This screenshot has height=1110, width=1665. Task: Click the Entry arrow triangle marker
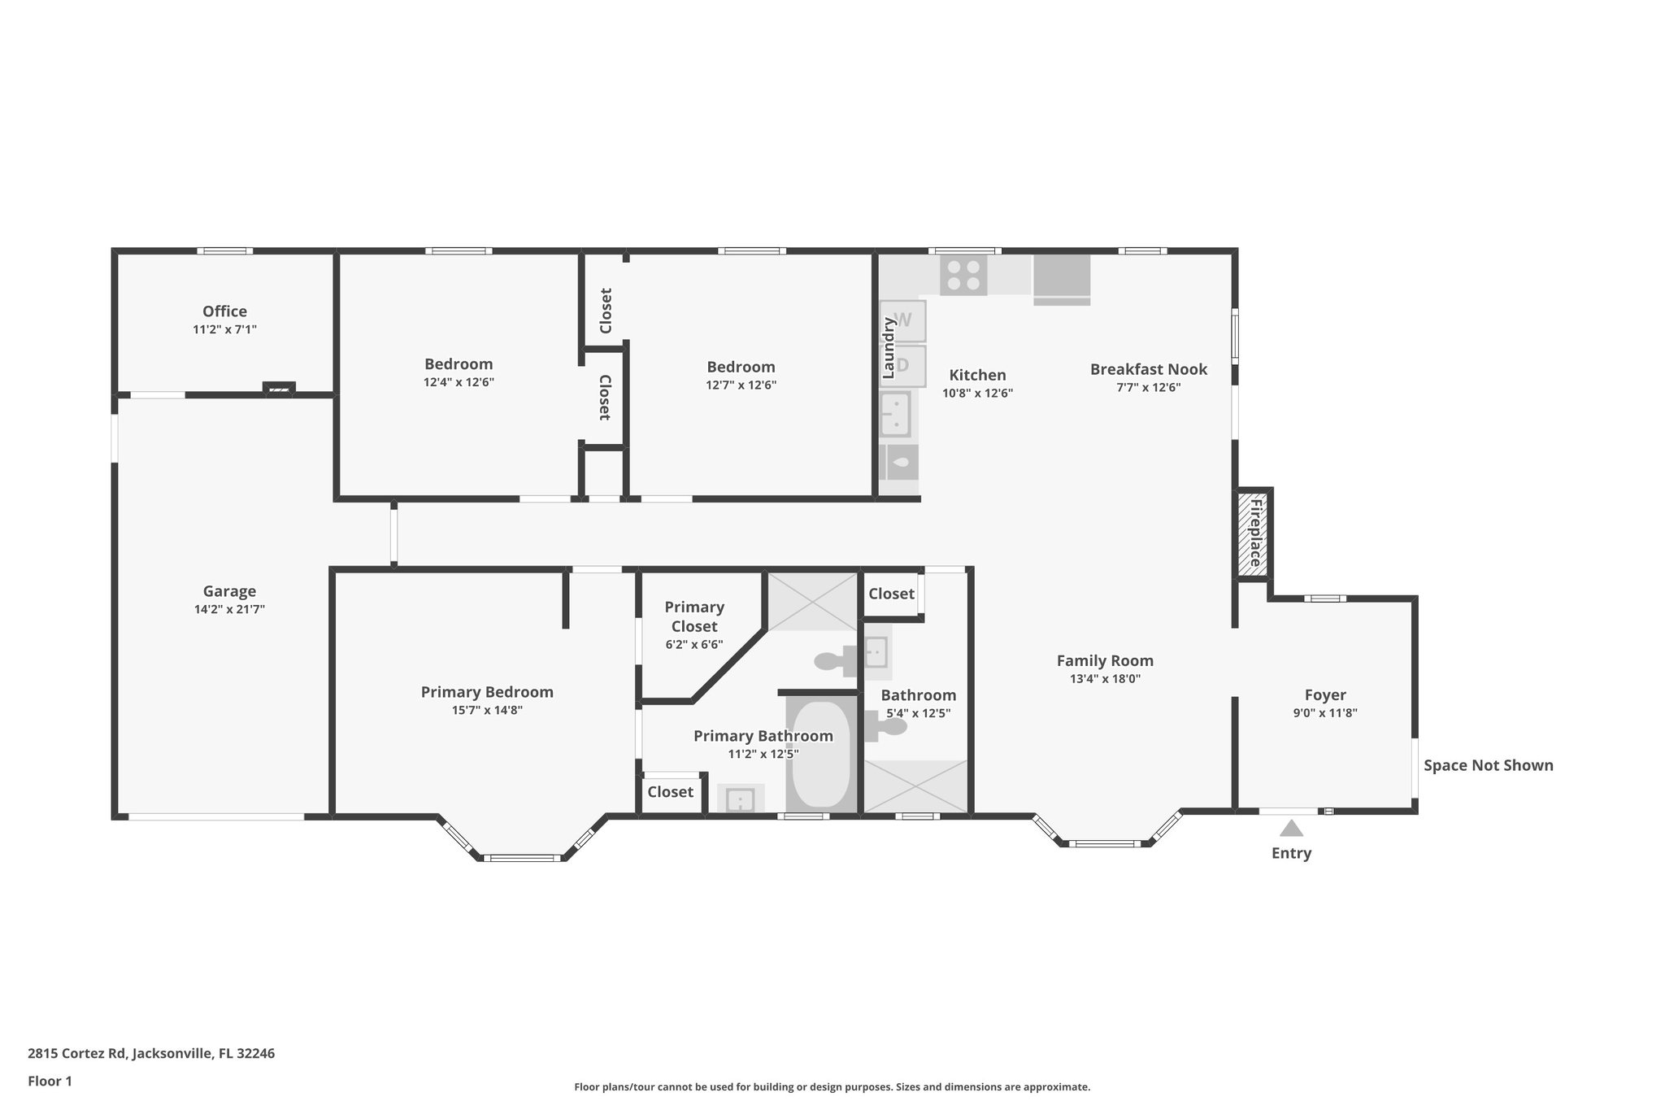click(1291, 828)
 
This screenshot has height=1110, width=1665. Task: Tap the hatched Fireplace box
click(1254, 533)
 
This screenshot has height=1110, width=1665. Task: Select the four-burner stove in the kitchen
click(963, 275)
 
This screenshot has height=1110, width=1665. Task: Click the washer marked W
click(903, 320)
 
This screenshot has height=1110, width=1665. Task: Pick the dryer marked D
click(903, 365)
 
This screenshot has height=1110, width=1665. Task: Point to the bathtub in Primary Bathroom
click(821, 754)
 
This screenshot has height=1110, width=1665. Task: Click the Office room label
click(224, 311)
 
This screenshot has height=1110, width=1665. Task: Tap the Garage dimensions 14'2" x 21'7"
click(229, 609)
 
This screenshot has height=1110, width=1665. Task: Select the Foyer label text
click(1325, 695)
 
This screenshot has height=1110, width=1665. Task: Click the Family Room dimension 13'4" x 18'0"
click(1105, 679)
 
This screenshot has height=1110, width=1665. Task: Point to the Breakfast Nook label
click(1149, 369)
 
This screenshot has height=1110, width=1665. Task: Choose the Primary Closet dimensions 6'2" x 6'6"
click(694, 645)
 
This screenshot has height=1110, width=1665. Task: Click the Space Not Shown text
click(1489, 765)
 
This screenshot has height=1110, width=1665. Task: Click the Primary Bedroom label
click(487, 692)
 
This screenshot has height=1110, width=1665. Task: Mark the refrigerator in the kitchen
click(1061, 279)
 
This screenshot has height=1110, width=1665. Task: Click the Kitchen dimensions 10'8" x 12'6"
click(977, 393)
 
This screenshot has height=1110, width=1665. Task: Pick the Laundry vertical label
click(889, 348)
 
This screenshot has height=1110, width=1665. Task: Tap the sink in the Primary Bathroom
click(741, 799)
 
